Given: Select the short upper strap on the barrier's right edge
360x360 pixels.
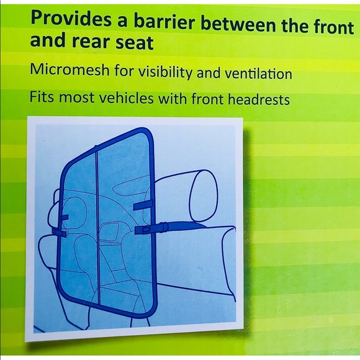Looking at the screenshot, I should (144, 206).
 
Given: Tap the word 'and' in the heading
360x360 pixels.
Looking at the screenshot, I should (46, 42).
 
